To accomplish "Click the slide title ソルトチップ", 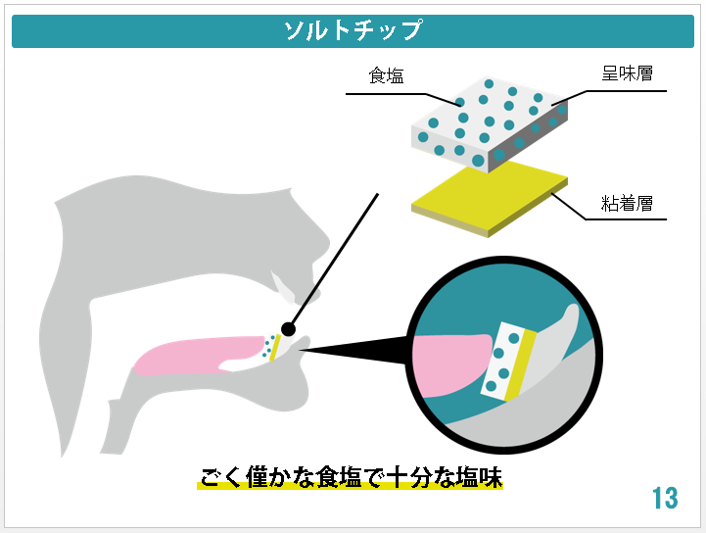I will pyautogui.click(x=353, y=30).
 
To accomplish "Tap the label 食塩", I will pyautogui.click(x=386, y=75).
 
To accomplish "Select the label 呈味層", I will pyautogui.click(x=627, y=73).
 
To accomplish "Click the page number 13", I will pyautogui.click(x=664, y=498).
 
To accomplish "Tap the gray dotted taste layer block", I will pyautogui.click(x=485, y=122).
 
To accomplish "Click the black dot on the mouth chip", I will pyautogui.click(x=288, y=329).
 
